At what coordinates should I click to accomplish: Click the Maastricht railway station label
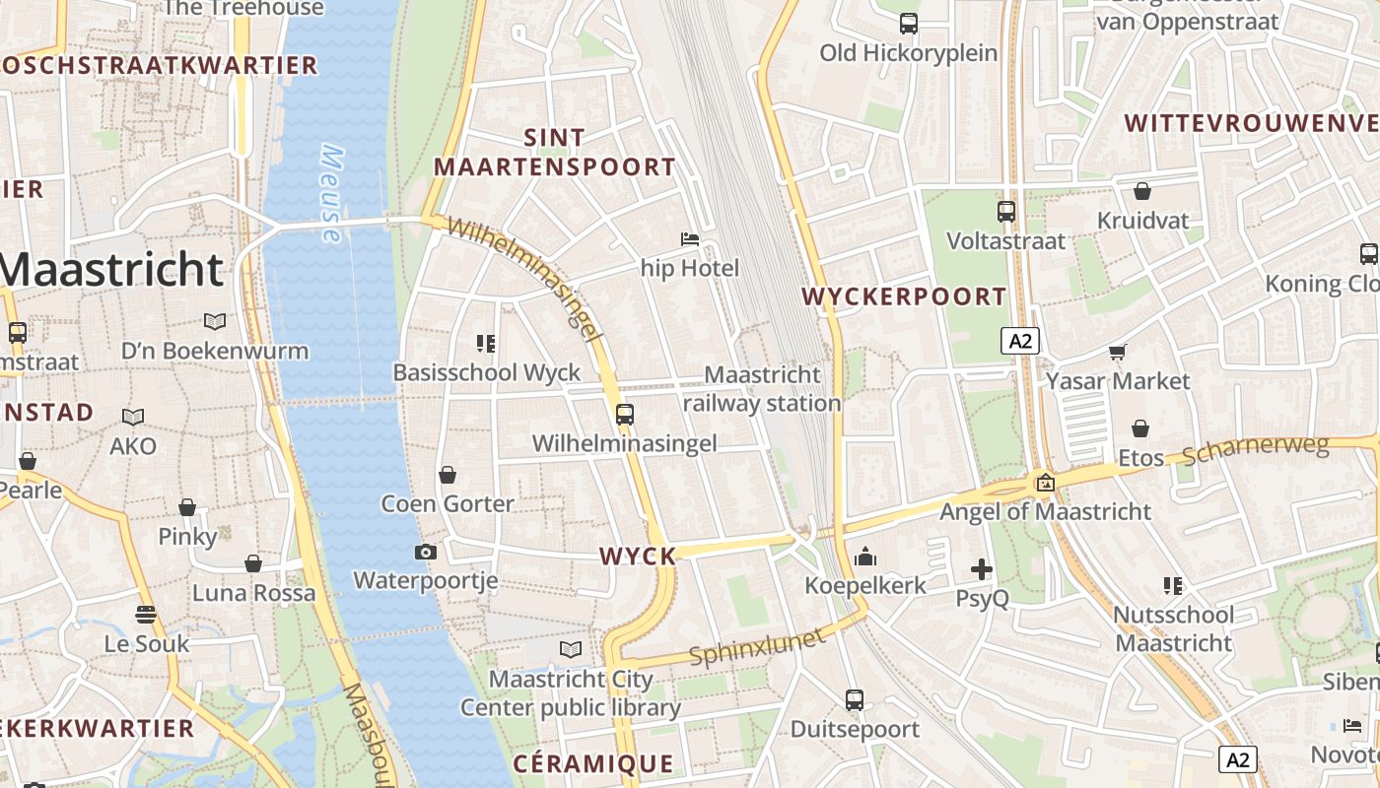click(762, 389)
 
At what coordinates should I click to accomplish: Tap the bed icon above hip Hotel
click(690, 239)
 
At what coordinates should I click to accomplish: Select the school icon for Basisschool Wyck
click(485, 343)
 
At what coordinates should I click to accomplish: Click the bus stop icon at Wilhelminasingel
click(624, 415)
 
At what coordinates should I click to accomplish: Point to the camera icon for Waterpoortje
click(426, 552)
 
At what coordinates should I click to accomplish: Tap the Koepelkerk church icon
click(865, 558)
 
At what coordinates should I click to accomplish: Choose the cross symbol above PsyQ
click(982, 569)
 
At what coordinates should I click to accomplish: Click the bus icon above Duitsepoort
click(855, 700)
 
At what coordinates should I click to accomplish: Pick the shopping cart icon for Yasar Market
click(1118, 352)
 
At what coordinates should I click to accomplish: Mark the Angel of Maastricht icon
click(1045, 483)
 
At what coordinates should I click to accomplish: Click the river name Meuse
click(331, 194)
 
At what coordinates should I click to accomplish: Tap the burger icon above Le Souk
click(146, 615)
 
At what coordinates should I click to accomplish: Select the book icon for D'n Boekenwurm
click(214, 321)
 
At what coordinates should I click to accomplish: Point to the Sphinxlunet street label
click(757, 646)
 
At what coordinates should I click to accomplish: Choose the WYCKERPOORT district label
click(904, 296)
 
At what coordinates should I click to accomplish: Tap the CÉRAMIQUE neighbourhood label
click(593, 763)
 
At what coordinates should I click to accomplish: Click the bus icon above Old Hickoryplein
click(908, 24)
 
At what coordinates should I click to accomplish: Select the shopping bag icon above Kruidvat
click(1142, 191)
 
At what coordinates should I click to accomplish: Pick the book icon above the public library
click(571, 649)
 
